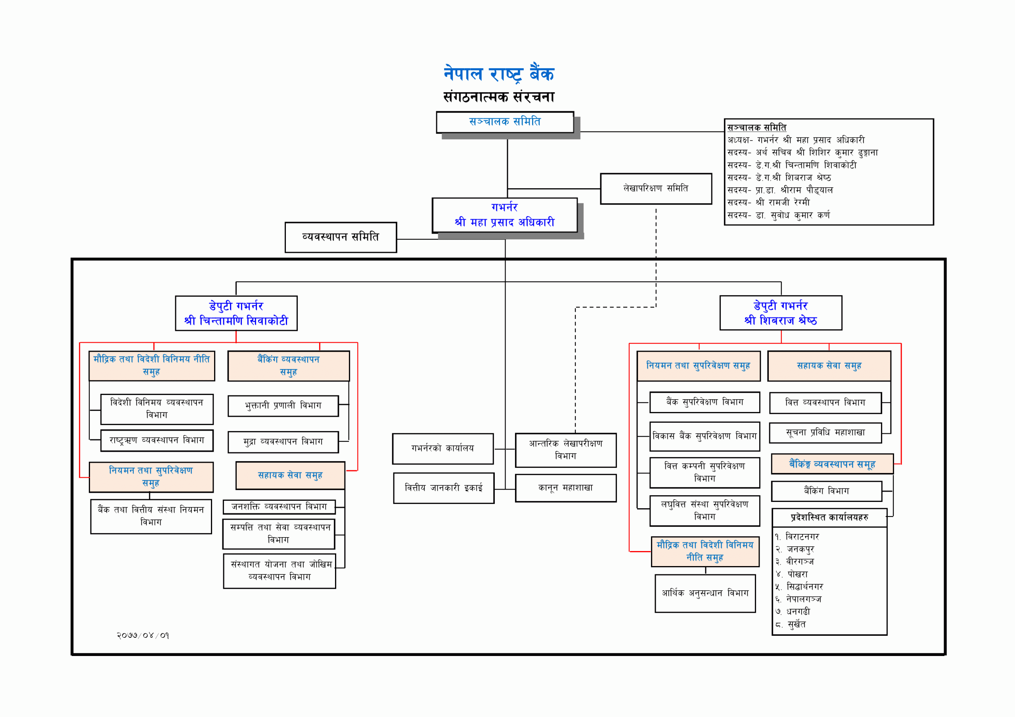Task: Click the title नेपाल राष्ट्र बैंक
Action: point(499,74)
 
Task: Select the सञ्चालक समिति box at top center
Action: point(504,122)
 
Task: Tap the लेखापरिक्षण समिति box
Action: point(656,189)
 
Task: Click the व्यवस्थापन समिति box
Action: point(341,237)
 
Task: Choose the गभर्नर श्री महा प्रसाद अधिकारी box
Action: point(504,215)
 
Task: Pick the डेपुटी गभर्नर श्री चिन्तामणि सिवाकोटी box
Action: point(236,313)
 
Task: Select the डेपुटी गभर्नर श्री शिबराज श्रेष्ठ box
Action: point(781,313)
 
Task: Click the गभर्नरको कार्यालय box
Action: point(442,448)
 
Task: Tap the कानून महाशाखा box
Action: point(565,488)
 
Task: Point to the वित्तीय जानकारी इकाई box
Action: point(443,488)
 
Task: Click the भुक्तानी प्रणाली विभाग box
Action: point(283,406)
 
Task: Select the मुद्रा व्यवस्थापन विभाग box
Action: point(283,442)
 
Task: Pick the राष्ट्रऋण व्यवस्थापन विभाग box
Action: point(157,440)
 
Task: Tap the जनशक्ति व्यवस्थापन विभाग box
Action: point(279,507)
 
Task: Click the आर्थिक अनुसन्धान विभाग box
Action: point(705,593)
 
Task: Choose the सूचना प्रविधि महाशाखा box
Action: point(825,433)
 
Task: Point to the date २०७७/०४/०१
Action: point(143,636)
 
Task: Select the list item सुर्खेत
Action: point(796,625)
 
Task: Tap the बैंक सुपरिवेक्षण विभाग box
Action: point(705,402)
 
